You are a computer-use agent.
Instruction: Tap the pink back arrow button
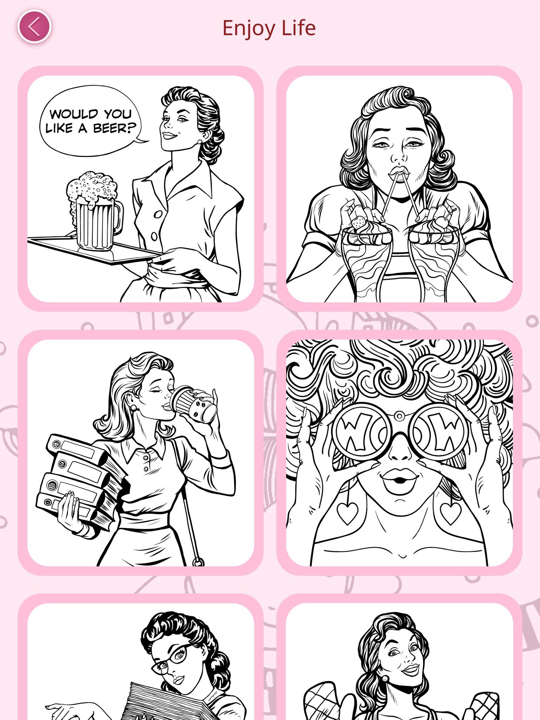pyautogui.click(x=34, y=27)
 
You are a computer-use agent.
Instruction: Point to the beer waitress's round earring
pyautogui.click(x=200, y=142)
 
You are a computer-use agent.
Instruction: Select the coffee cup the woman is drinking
pyautogui.click(x=195, y=404)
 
